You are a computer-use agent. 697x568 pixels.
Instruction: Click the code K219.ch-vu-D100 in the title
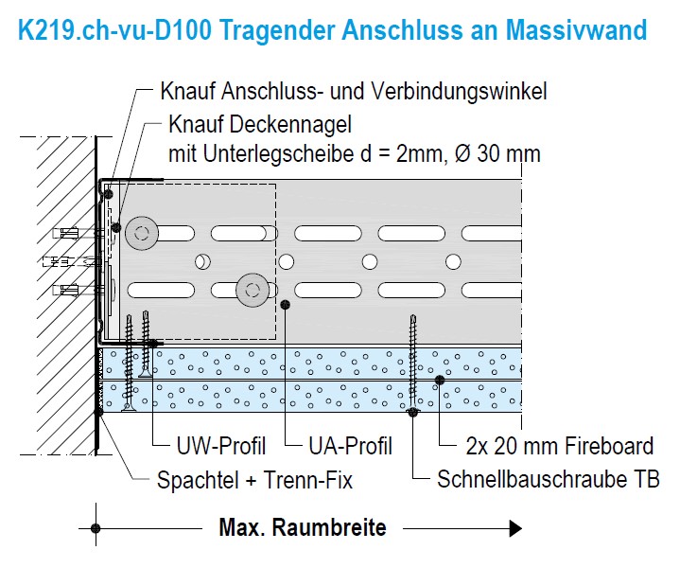(114, 30)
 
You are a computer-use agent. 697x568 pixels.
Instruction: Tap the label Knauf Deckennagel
(260, 124)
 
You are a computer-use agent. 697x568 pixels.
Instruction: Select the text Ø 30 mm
(497, 154)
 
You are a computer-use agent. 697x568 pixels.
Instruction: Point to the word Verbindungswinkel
(460, 91)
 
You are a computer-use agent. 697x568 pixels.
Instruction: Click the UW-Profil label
(221, 446)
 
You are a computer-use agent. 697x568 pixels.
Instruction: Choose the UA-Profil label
(350, 446)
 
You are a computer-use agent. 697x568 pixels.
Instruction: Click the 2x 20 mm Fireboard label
(560, 446)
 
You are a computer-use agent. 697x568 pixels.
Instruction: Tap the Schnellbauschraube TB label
(549, 479)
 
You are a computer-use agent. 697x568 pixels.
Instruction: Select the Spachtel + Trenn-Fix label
(254, 480)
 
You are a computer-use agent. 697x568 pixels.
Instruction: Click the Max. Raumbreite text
(303, 527)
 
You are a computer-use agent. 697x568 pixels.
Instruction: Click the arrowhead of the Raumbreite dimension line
(515, 528)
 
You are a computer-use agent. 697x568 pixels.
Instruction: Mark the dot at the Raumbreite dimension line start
(96, 528)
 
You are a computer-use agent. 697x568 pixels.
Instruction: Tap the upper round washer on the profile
(141, 233)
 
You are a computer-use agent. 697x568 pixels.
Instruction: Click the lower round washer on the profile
(253, 291)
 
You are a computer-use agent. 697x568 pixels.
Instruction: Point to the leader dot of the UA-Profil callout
(286, 304)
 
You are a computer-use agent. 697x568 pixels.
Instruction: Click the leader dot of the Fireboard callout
(440, 380)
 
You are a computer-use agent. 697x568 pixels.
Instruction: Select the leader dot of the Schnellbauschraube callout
(413, 412)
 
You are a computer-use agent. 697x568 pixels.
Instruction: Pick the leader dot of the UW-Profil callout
(153, 343)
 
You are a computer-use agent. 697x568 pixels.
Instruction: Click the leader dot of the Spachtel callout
(98, 413)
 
